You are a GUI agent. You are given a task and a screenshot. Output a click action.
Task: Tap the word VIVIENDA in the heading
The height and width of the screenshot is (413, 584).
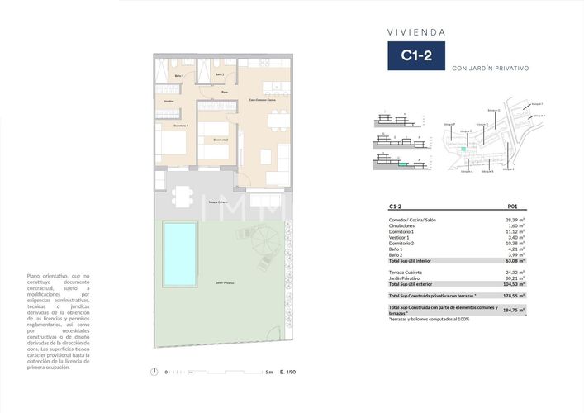[x=416, y=32]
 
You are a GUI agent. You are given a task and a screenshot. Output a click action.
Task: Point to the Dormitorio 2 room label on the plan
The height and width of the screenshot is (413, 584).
[x=220, y=140]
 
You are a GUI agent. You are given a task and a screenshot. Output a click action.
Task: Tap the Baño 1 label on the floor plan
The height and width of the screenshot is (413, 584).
[x=178, y=75]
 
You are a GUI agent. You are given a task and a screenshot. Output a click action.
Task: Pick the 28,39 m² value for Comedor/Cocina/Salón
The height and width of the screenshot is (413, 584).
[x=515, y=221]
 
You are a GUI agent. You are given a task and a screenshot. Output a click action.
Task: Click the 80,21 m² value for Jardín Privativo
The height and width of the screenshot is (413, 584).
[x=515, y=278]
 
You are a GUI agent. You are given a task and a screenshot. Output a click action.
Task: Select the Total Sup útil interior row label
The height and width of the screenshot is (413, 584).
[x=415, y=260]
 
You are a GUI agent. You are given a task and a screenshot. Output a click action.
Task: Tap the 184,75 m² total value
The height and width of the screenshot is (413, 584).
[x=515, y=310]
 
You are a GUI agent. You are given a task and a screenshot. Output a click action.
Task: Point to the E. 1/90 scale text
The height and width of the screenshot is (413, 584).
[x=288, y=373]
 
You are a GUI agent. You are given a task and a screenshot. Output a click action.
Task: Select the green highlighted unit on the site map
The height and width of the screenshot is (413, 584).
[x=463, y=149]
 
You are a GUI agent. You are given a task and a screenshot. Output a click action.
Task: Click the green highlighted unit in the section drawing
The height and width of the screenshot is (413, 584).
[x=402, y=164]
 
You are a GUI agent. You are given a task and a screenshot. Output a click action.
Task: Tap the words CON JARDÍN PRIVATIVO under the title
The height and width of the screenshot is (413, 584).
[x=490, y=69]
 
